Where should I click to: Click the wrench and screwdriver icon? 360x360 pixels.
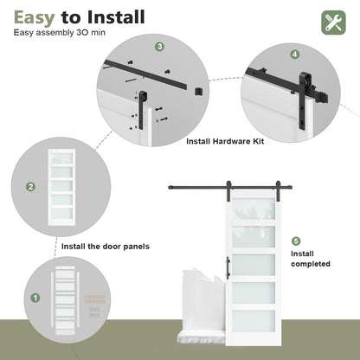coord(333,22)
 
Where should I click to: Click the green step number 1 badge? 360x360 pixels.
coord(35,297)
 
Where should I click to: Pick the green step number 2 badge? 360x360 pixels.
coord(30,186)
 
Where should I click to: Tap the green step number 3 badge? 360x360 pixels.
coord(159,47)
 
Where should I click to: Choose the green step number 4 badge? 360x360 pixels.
coord(295,54)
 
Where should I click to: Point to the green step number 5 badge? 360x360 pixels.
coord(296,241)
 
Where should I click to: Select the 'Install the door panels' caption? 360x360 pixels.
coord(105,247)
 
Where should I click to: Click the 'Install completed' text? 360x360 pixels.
coord(310,259)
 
